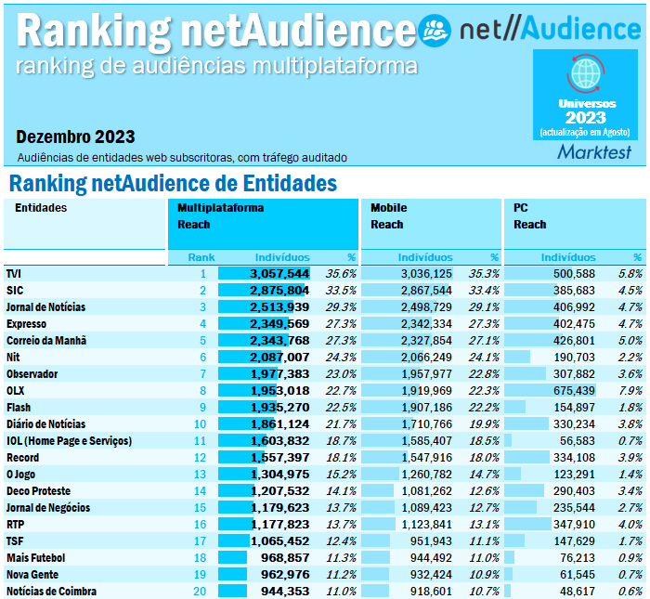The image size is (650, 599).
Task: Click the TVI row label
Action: (14, 274)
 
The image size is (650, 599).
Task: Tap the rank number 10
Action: (200, 424)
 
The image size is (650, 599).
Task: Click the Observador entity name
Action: (32, 374)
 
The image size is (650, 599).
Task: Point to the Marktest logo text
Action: (594, 152)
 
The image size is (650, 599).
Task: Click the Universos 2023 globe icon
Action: (586, 72)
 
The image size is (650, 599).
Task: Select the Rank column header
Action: (201, 257)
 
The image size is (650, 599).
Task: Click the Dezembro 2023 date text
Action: (75, 137)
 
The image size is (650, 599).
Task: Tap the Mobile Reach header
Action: (388, 216)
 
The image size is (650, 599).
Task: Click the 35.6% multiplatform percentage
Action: (341, 274)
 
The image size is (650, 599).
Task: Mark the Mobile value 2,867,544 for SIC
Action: (426, 291)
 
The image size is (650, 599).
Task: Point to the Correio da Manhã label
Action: (46, 341)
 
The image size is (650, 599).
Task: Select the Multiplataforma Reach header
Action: (221, 216)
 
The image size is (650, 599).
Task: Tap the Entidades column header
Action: (41, 208)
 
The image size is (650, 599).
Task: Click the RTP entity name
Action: (15, 525)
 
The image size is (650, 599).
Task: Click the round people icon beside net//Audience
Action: (435, 31)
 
